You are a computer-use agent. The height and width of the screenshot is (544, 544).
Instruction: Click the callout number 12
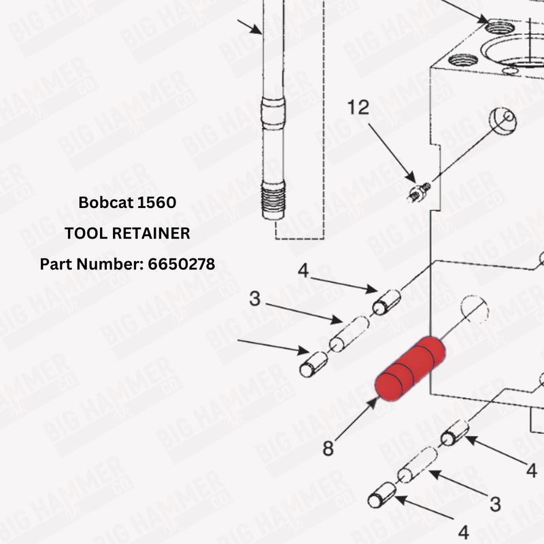tap(358, 107)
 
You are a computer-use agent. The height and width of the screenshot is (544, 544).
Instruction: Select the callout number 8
tap(328, 449)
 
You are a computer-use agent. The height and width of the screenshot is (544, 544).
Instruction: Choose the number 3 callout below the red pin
tap(496, 504)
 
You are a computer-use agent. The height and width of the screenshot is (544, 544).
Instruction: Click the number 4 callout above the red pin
tap(303, 271)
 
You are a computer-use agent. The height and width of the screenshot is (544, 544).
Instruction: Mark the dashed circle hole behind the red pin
tap(473, 310)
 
